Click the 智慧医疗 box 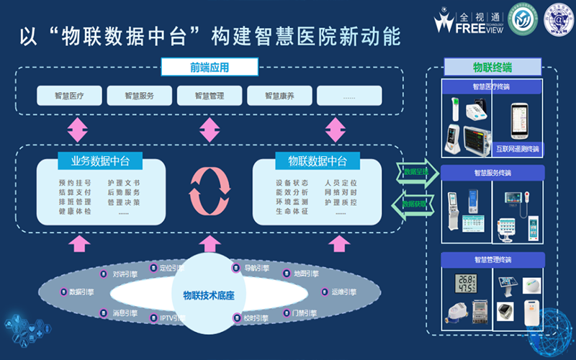click(x=68, y=95)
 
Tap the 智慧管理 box click(x=209, y=95)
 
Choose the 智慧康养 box click(x=279, y=95)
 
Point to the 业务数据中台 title click(x=100, y=160)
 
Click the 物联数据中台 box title click(x=317, y=160)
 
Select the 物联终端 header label click(x=492, y=67)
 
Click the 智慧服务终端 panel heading click(x=492, y=173)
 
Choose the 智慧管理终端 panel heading click(x=492, y=259)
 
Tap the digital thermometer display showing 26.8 click(x=467, y=283)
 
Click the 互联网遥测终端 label click(x=518, y=149)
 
